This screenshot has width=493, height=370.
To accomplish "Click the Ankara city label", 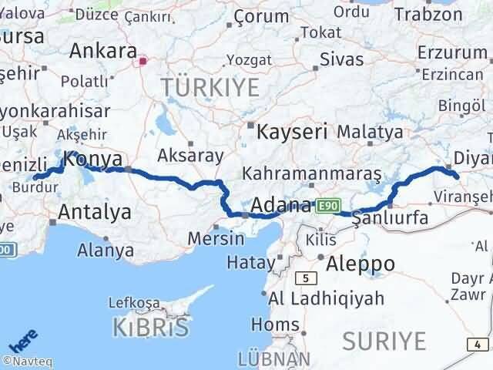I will [102, 52].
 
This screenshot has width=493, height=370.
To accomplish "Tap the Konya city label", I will [94, 160].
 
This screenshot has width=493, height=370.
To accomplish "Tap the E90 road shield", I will [327, 205].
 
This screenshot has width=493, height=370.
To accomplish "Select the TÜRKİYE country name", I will [210, 88].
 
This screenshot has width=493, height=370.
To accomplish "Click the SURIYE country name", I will [384, 340].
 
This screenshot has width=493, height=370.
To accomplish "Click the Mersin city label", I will [216, 237].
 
